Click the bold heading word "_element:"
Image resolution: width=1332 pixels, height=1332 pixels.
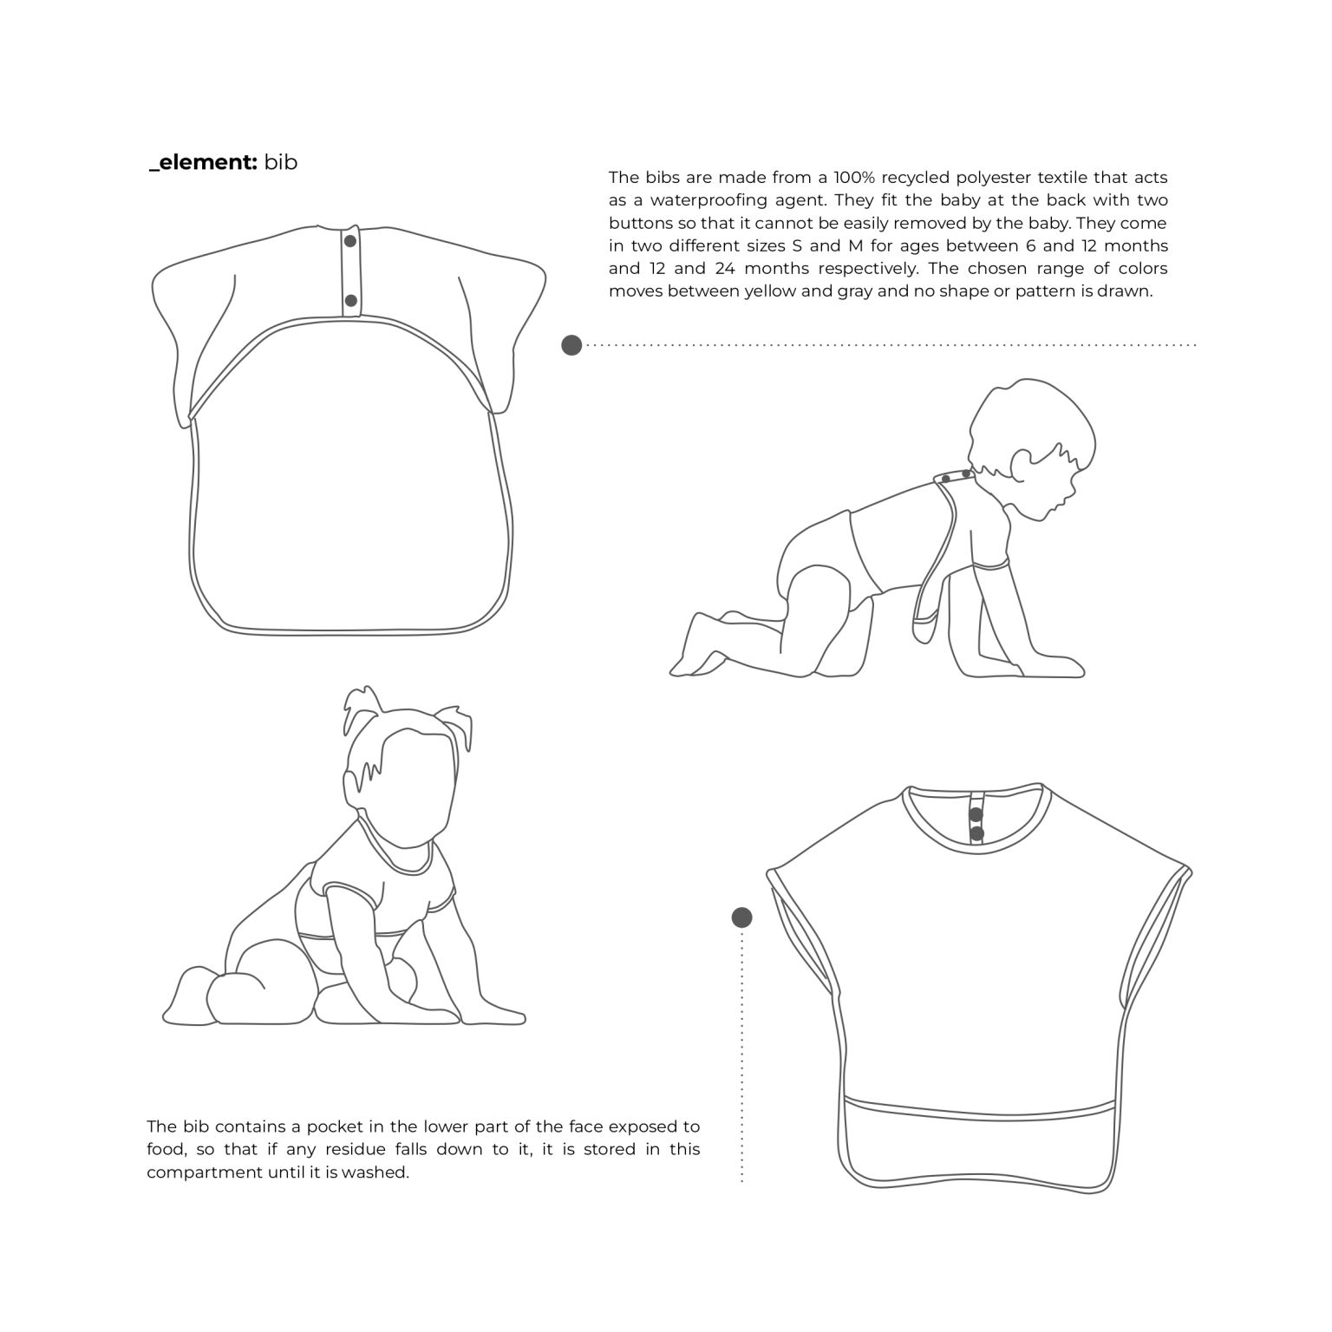[203, 162]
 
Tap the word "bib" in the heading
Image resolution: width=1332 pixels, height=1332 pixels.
[281, 162]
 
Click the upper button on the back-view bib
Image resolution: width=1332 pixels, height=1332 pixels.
[350, 241]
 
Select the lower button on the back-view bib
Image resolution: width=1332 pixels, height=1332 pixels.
[350, 301]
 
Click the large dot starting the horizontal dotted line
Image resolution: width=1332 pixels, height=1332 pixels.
[571, 345]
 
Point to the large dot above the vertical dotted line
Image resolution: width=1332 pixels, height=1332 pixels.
[741, 917]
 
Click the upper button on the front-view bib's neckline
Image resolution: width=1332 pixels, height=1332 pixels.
[976, 814]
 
